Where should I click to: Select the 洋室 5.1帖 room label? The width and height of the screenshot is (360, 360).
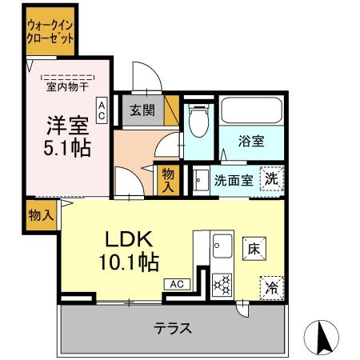click(67, 137)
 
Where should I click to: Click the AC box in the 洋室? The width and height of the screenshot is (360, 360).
click(102, 110)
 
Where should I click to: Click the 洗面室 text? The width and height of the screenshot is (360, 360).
click(234, 180)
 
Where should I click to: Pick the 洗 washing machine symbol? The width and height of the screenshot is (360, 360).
click(273, 180)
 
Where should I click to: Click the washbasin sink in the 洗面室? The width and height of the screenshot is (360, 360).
click(199, 180)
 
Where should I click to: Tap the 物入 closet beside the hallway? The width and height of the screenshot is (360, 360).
click(167, 180)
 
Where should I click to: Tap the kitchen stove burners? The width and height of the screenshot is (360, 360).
click(221, 284)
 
